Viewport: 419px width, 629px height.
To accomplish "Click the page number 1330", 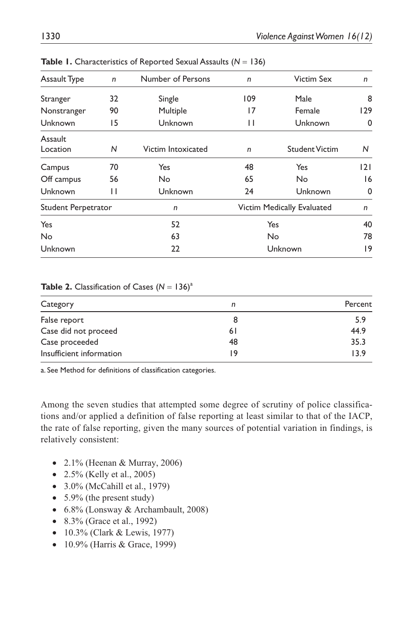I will click(50, 36).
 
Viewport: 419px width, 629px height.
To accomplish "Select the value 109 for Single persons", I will click(249, 99).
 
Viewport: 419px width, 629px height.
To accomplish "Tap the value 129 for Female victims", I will click(366, 111).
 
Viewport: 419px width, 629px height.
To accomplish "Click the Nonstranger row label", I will click(63, 111).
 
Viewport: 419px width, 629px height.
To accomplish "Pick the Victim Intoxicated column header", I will click(175, 149).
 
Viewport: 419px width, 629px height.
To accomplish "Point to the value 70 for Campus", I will click(114, 167).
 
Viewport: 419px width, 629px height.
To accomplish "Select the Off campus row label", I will click(61, 179).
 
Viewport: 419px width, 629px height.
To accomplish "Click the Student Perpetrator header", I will click(76, 207).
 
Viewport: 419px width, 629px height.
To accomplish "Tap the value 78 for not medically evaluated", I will click(367, 237).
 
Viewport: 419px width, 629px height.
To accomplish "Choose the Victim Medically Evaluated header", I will click(284, 207).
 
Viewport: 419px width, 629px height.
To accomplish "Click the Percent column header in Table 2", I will click(358, 304).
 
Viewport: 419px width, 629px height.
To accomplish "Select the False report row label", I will click(62, 320).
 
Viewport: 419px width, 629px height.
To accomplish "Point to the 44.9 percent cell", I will click(358, 331).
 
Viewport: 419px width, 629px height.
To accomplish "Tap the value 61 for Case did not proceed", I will click(233, 331).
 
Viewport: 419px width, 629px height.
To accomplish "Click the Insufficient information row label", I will click(81, 354).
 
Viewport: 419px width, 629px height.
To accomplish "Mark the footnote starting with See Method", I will click(128, 370).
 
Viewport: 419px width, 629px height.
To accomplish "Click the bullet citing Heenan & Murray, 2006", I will click(123, 463).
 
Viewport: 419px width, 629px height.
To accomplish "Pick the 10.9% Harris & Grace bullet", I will click(120, 544).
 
